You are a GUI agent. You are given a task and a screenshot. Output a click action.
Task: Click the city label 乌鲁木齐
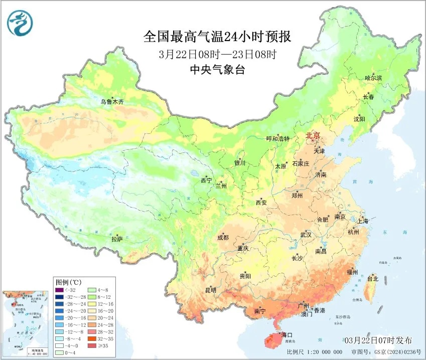111,102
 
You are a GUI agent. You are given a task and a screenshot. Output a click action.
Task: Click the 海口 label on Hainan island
288,334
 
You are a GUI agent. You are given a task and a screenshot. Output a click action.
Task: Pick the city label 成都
223,238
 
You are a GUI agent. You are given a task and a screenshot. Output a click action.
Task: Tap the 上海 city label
362,221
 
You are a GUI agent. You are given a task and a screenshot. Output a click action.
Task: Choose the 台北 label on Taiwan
373,279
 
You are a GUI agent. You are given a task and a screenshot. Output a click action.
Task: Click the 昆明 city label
210,290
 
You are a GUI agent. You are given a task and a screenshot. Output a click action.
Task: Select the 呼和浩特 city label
277,139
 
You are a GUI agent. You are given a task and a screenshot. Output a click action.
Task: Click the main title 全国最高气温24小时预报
217,37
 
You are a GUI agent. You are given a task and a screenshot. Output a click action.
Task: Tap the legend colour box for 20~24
93,317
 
